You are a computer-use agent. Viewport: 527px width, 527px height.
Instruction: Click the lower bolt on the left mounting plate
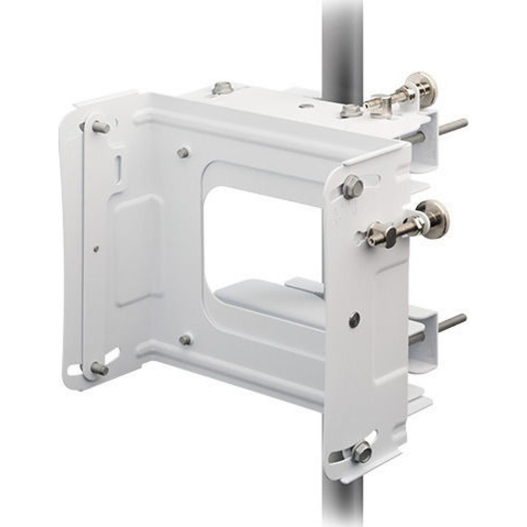[x=99, y=369]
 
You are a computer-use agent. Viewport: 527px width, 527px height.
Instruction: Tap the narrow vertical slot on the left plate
[x=119, y=168]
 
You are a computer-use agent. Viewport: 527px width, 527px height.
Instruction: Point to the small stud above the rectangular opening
[x=183, y=153]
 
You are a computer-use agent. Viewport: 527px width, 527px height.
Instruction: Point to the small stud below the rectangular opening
[x=185, y=340]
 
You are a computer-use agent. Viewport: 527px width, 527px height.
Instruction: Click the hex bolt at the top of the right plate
[x=352, y=187]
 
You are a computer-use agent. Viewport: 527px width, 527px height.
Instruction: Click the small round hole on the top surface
[x=305, y=105]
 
